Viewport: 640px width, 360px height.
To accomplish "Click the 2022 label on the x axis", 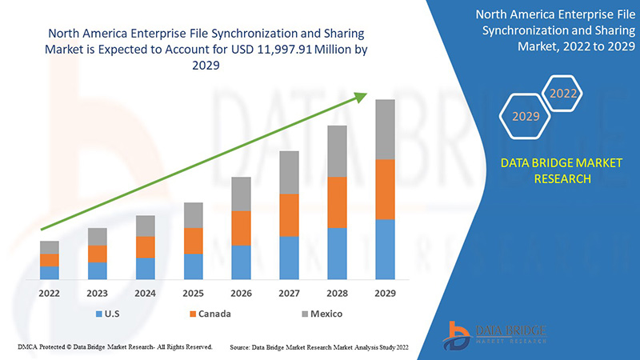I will click(x=50, y=294).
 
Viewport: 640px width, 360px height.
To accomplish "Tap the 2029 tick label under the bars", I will click(x=386, y=294).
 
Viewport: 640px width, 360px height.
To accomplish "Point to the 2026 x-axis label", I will click(x=242, y=294).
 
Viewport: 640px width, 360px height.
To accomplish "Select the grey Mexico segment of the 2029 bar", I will click(x=386, y=130).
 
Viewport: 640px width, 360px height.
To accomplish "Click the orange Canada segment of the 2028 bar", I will click(x=338, y=202).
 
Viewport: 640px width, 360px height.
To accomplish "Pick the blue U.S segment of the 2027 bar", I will click(x=290, y=258).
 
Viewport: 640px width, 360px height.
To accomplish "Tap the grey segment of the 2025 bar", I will click(x=194, y=215).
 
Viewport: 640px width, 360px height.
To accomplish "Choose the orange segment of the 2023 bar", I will click(x=98, y=254).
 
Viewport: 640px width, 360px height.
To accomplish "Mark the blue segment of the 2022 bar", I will click(x=50, y=273).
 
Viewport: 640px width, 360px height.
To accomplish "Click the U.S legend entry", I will click(x=112, y=314).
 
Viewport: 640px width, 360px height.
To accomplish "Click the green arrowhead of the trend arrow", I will click(x=362, y=97).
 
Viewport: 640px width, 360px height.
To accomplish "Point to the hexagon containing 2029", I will click(x=526, y=117).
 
